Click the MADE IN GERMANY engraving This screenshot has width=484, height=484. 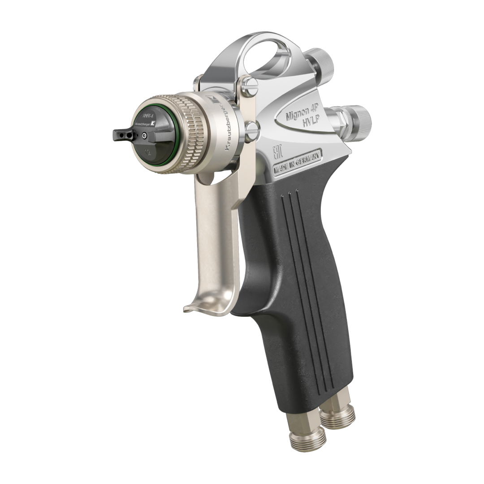click(x=297, y=164)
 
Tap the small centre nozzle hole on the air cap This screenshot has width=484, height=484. click(x=144, y=134)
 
